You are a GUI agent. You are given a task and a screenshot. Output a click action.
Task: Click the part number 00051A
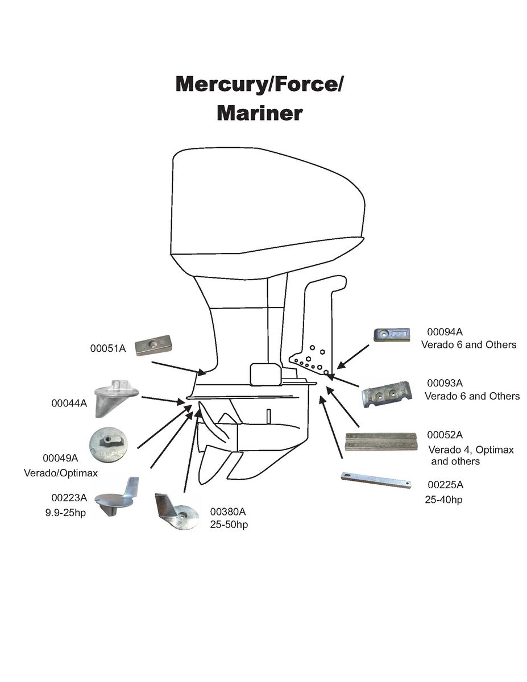(108, 348)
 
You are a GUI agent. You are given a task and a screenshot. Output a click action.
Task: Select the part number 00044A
(69, 404)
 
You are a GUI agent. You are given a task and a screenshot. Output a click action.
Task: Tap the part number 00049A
(60, 458)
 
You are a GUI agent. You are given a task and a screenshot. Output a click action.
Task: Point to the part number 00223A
(69, 498)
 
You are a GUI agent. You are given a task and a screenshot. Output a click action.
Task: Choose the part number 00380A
(227, 511)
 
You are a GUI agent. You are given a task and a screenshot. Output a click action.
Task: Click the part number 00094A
(445, 332)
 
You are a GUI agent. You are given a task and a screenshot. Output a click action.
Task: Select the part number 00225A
(445, 485)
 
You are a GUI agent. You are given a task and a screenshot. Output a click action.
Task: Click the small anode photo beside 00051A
(153, 345)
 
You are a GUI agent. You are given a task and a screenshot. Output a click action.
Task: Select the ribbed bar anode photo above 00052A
(381, 442)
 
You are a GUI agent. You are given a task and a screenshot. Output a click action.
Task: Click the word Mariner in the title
(259, 113)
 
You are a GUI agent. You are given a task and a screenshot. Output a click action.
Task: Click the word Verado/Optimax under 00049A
(61, 473)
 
